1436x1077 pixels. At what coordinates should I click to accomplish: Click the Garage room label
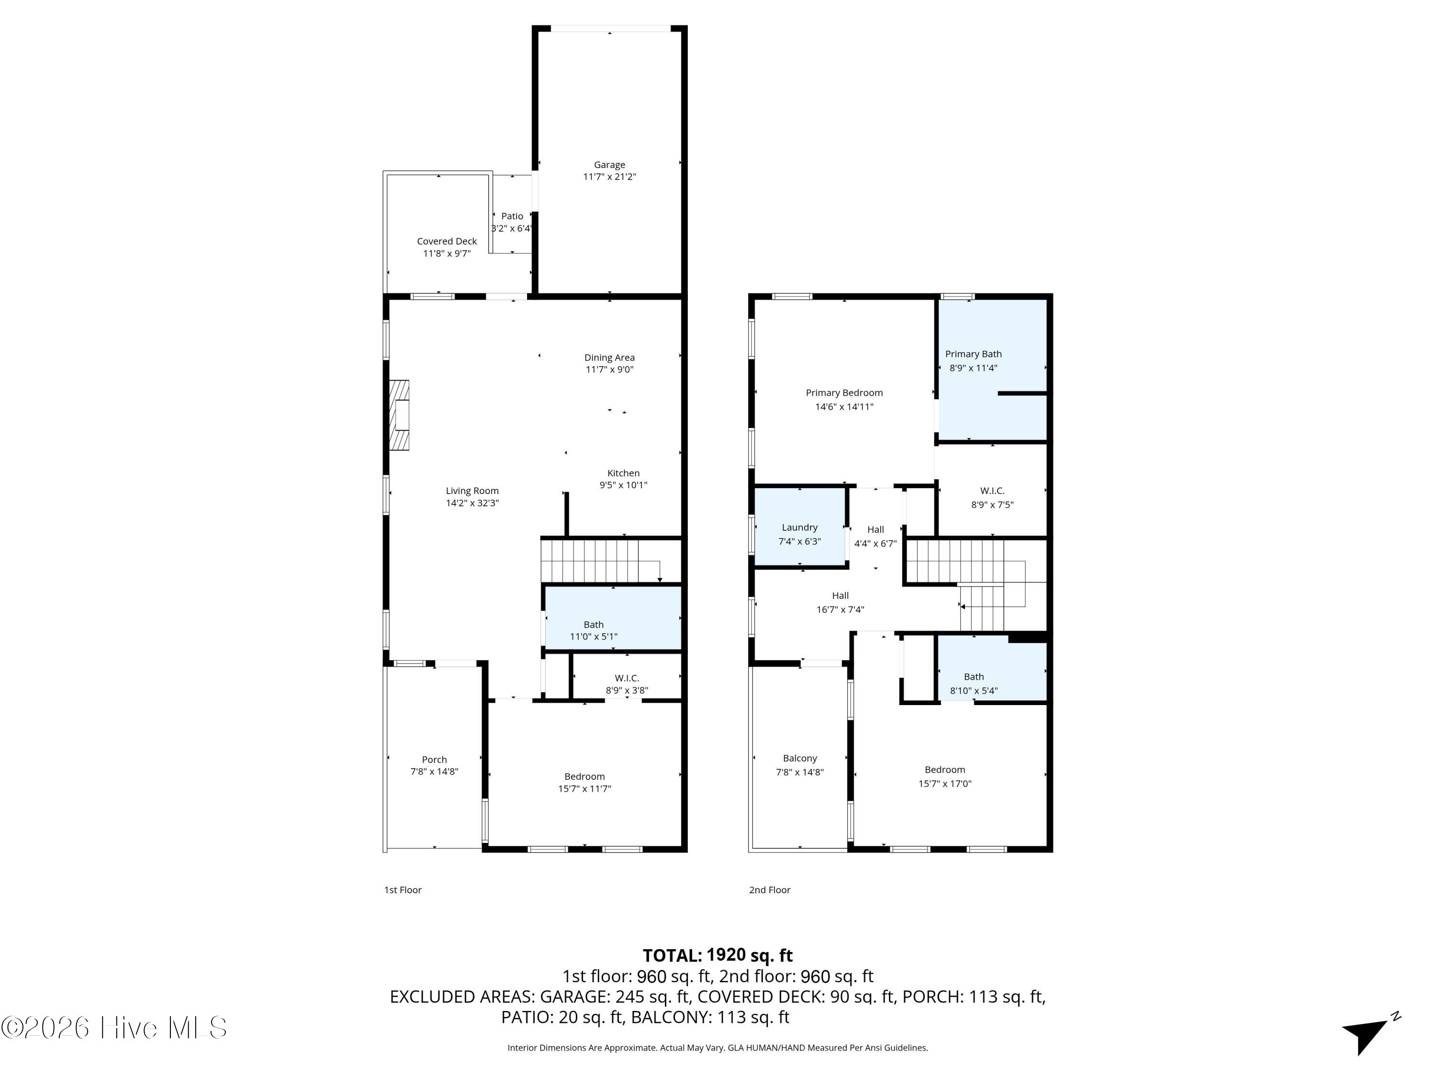click(x=609, y=165)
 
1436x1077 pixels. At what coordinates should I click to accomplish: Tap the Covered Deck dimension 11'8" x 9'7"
click(x=447, y=253)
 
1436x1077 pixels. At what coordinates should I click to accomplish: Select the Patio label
click(x=512, y=216)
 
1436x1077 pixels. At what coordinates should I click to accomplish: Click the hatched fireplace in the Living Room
click(x=399, y=415)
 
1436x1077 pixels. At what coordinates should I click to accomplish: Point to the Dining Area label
click(x=609, y=357)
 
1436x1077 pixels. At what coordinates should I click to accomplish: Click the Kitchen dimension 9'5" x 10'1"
click(x=623, y=485)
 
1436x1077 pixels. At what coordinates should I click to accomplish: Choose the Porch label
click(x=434, y=760)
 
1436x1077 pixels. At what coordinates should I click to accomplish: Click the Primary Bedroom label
click(x=844, y=393)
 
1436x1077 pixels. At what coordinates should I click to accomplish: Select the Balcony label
click(x=799, y=758)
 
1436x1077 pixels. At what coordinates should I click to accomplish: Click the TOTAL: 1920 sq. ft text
click(x=718, y=955)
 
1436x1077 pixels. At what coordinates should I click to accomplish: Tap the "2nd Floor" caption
click(x=769, y=890)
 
